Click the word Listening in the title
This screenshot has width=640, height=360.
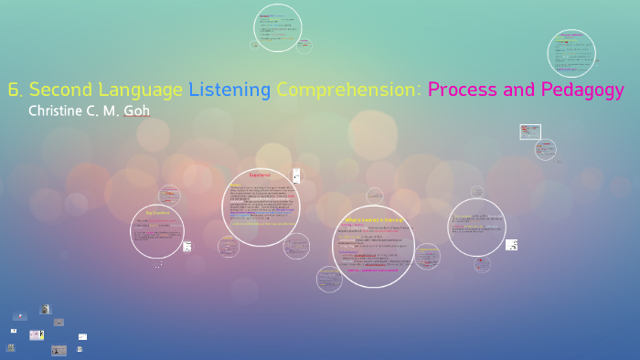click(229, 90)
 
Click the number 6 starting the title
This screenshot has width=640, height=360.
click(14, 90)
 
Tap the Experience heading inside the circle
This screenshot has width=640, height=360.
click(260, 175)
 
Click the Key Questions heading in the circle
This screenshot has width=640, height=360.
click(157, 212)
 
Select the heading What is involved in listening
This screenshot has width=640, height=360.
click(372, 219)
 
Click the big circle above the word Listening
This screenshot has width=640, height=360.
click(278, 28)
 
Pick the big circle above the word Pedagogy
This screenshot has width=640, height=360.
click(571, 53)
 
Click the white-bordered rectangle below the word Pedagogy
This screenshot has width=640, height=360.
click(530, 132)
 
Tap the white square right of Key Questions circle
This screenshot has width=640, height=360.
click(187, 246)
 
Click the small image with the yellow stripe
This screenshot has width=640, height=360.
click(37, 335)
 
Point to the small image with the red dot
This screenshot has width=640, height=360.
click(59, 349)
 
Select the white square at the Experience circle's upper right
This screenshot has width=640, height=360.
click(296, 175)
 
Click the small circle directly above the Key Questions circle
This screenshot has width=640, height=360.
click(169, 195)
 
